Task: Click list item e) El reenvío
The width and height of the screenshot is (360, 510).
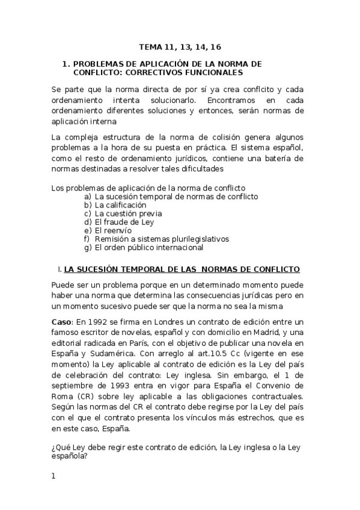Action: (113, 230)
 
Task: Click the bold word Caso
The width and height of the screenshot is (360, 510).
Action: (62, 323)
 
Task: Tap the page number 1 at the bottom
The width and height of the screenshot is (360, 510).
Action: (53, 476)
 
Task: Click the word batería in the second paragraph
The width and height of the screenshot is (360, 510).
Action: (278, 158)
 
